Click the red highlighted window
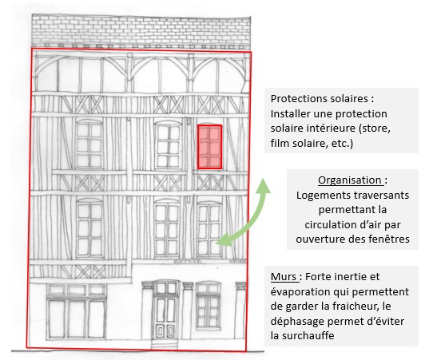[x=209, y=147]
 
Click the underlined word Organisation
[x=350, y=180]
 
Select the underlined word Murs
[x=284, y=276]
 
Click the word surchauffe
[x=308, y=336]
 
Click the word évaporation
[x=300, y=292]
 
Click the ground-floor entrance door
[x=166, y=317]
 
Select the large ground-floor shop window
[x=77, y=311]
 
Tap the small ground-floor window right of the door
[x=209, y=306]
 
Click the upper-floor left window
[x=89, y=144]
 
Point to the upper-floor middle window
[x=168, y=145]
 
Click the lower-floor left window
[x=89, y=228]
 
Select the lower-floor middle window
[x=167, y=230]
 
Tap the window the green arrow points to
[x=209, y=230]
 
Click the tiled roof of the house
[x=141, y=31]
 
